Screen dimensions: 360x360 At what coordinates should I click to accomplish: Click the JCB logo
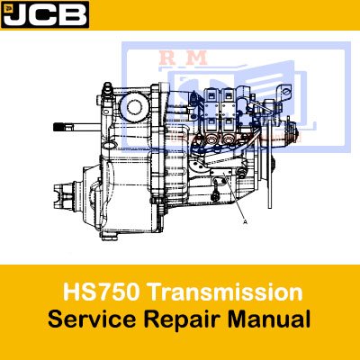point(45,14)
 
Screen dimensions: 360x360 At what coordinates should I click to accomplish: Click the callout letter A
point(246,222)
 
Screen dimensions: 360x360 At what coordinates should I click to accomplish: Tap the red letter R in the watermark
point(168,58)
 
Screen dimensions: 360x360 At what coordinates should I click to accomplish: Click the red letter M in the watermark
point(196,58)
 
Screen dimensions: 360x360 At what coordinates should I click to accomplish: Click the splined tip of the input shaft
point(59,127)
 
